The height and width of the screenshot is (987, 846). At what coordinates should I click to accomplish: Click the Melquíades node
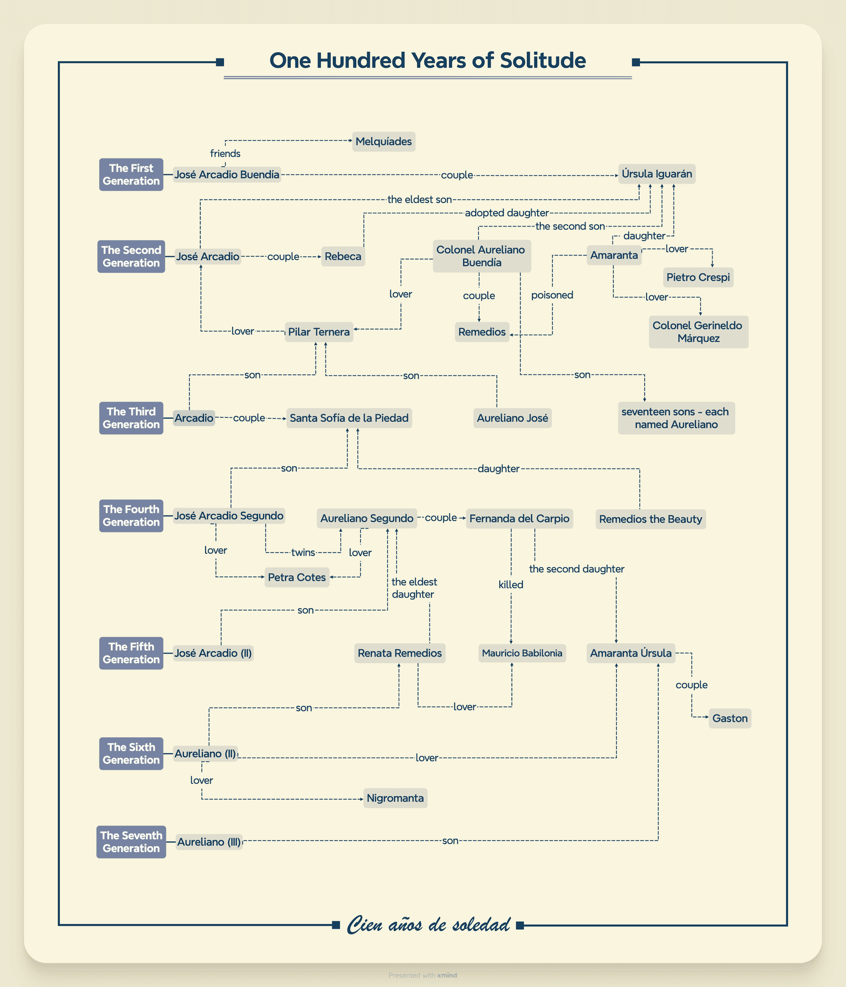(383, 142)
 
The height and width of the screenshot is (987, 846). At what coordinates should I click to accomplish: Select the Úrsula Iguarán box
(656, 174)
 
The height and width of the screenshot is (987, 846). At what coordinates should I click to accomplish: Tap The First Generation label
(131, 174)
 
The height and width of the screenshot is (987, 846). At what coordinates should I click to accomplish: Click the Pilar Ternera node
(319, 332)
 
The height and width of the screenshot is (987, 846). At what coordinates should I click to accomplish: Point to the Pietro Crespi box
(698, 278)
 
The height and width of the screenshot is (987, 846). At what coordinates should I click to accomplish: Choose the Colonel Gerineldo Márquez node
(698, 332)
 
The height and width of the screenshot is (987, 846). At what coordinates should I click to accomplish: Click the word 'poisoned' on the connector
(552, 295)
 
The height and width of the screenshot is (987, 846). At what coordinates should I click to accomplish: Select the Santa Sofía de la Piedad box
(349, 418)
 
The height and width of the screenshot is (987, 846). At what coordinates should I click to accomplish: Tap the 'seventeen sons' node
(676, 418)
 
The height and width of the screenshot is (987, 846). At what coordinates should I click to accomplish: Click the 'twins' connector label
(303, 552)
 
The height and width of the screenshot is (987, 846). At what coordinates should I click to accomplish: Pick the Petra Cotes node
(297, 577)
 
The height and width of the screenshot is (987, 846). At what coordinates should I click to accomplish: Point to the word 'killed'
(510, 585)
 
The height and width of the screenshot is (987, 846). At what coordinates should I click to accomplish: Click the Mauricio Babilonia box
(522, 654)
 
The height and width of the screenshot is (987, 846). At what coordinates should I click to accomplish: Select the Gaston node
(729, 719)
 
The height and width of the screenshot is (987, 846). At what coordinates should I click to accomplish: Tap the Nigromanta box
(395, 798)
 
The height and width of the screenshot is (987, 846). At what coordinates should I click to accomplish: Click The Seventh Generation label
(131, 842)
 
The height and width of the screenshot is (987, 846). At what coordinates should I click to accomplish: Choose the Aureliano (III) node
(208, 842)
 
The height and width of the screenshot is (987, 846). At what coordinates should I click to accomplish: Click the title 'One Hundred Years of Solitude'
(428, 61)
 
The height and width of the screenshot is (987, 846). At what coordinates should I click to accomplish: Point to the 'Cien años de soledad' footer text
(428, 925)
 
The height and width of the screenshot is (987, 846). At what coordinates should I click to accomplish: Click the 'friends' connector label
(225, 154)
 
